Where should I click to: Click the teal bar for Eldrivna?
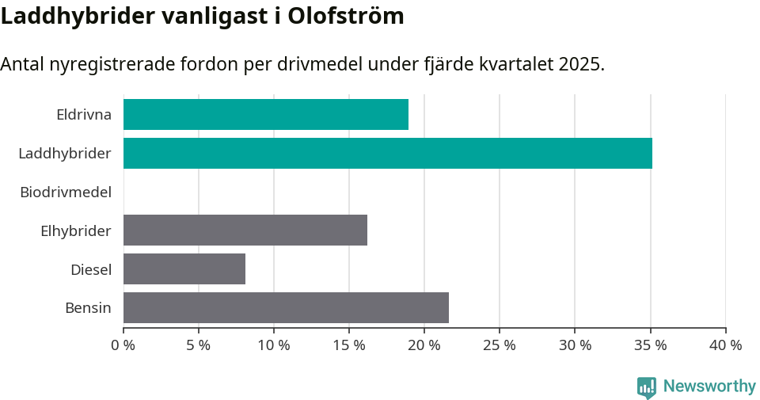coord(266,114)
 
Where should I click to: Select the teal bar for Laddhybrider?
coord(388,153)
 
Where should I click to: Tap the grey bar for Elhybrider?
coord(245,230)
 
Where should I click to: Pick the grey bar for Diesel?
coord(184,269)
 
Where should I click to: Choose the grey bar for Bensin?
coord(286,307)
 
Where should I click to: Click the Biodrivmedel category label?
coord(66,192)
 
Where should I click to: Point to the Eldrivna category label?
coord(84,114)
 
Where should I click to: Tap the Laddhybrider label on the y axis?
coord(65,153)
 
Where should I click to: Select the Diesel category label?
coord(91,269)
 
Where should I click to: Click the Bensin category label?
coord(88,307)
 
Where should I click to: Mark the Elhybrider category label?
coord(76,230)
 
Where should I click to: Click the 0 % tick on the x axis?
coord(123,345)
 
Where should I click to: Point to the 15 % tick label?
coord(349,345)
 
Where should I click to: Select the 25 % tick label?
coord(500,345)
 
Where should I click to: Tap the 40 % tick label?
coord(725,345)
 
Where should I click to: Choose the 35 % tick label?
coord(650,345)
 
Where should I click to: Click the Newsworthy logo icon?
coord(647,387)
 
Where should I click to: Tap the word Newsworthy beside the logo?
coord(709,387)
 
